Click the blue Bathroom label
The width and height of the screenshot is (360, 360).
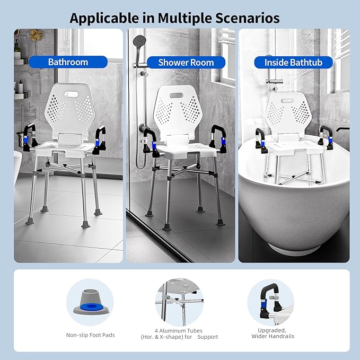68,62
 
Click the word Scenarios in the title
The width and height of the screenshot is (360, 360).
246,18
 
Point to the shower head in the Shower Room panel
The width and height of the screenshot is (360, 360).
139,40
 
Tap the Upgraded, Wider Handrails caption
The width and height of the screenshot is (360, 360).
271,332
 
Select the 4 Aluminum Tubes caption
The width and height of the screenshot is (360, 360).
179,332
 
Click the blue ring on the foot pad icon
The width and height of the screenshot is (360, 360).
90,306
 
